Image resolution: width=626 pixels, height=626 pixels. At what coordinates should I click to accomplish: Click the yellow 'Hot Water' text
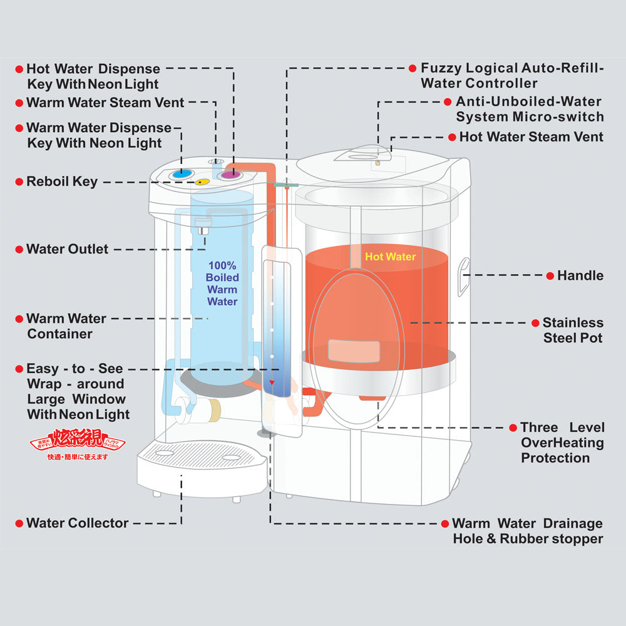tap(390, 257)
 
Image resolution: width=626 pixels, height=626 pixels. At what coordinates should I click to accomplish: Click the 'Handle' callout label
tap(580, 275)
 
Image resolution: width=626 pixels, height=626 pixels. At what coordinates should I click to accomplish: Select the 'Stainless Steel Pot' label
tap(572, 331)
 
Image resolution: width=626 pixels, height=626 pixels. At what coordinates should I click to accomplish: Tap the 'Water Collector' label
tap(77, 523)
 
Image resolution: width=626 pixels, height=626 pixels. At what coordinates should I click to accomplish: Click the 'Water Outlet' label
tap(67, 249)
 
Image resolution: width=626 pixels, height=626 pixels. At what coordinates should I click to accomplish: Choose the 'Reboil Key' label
tap(62, 182)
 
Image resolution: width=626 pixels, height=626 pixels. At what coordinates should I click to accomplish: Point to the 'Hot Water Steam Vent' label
tap(531, 136)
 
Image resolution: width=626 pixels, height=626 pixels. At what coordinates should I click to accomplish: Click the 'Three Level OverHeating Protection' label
tap(562, 443)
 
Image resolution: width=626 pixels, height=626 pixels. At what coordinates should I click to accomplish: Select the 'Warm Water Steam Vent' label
tap(105, 102)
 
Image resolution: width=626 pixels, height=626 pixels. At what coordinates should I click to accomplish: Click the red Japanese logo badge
tap(78, 443)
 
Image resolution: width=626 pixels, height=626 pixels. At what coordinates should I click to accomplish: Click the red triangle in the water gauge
tap(272, 382)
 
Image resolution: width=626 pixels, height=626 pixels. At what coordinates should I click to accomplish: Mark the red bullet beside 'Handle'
tap(550, 275)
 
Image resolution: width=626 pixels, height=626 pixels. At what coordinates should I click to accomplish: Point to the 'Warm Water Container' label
tap(66, 326)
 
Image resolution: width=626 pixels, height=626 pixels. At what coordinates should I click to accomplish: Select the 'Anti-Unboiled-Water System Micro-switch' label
tap(529, 109)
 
